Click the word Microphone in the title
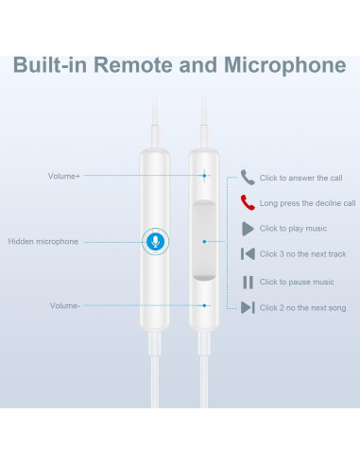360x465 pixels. click(283, 66)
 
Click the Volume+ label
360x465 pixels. click(63, 176)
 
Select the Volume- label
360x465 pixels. click(64, 305)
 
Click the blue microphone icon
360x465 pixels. click(153, 241)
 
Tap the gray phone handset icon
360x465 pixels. click(248, 177)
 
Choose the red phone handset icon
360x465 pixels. click(248, 202)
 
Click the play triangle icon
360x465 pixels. click(248, 228)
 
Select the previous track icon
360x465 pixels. click(248, 254)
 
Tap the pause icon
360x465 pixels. click(248, 282)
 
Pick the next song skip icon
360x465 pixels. click(248, 307)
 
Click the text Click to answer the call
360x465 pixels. click(301, 178)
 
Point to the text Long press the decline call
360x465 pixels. click(307, 202)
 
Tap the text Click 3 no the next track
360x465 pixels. click(302, 254)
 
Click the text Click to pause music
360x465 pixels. click(297, 282)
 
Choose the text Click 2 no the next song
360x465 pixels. click(302, 307)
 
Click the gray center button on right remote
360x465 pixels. click(204, 241)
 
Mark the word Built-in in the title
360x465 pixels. click(52, 66)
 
